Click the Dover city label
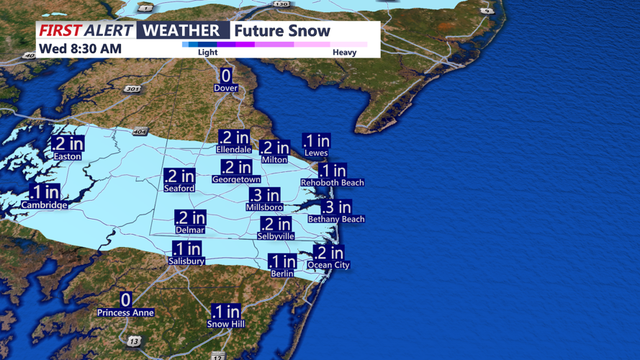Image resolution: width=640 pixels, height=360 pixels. pos(226,88)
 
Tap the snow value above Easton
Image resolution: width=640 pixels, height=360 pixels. pos(68,144)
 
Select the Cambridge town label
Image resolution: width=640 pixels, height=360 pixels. pos(44,205)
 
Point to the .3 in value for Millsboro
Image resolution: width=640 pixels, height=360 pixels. pos(264,195)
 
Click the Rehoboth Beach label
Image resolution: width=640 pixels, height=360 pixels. pos(333,183)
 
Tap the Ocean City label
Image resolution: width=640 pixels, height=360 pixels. pos(329,265)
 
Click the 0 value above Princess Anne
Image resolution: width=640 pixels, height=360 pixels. pos(126,300)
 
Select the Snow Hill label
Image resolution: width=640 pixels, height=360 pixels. pos(226,324)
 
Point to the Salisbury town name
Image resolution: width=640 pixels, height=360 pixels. pos(186,261)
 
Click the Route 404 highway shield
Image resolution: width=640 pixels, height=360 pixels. pos(140,132)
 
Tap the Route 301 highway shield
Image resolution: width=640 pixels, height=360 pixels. pos(132,89)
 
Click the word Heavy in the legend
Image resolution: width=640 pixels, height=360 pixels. pos(344,53)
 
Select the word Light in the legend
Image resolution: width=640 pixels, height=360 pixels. pos(207,53)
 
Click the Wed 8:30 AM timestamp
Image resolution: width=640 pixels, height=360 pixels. pos(80,49)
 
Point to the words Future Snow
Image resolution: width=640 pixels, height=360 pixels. pos(282,31)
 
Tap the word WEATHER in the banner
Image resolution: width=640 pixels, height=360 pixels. pos(182,30)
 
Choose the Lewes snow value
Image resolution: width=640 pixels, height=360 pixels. pos(316,141)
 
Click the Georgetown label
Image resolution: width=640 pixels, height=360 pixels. pos(236,179)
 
